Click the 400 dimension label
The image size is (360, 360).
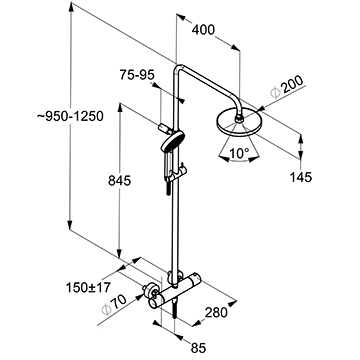(x=203, y=30)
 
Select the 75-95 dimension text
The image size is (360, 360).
(x=137, y=75)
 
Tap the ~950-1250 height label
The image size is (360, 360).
(x=70, y=116)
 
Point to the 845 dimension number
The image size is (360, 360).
(x=120, y=181)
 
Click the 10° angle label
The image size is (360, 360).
(x=239, y=153)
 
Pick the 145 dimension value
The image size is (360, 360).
(x=300, y=177)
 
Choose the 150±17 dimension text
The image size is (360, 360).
(x=88, y=287)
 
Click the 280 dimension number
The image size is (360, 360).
(x=216, y=312)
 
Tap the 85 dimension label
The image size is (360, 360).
(x=199, y=348)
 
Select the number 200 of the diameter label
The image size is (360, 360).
(x=292, y=85)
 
